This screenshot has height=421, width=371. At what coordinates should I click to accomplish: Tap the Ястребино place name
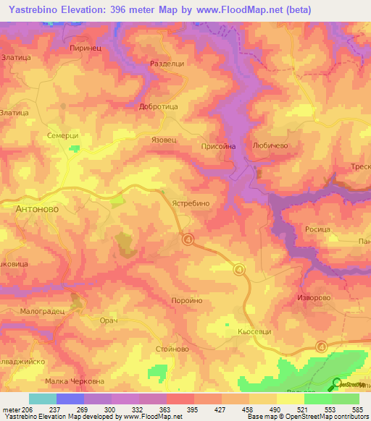[191, 204]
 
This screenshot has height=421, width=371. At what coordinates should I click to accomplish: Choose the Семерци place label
[62, 135]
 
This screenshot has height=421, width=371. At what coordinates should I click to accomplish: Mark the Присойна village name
[218, 146]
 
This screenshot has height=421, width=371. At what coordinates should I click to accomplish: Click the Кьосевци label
[254, 331]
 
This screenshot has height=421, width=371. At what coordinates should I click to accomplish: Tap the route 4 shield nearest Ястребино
[188, 239]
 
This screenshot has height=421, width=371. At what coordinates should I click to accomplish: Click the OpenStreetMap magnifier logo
[337, 385]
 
